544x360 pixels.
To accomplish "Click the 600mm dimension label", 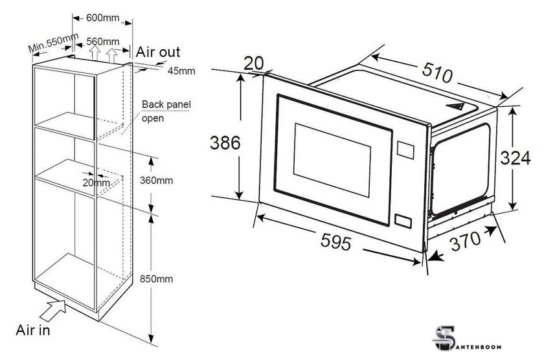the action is coord(103,17).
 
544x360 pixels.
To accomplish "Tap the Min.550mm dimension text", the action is coord(53,43).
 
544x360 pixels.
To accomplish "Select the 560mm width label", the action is coord(103,41).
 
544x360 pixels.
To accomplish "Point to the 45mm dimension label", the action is coord(181,71).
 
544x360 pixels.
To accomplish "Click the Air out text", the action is coord(158,52).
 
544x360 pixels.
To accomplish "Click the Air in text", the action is coord(33,330).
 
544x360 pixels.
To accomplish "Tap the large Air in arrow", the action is coord(53,309).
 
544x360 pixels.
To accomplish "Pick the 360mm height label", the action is coord(156,181).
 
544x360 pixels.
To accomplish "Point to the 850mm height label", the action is coord(156,279).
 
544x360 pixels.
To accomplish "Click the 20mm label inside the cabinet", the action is coord(96,183).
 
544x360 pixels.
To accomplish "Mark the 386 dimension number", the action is coord(225,143).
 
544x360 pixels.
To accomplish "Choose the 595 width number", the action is coord(335,241).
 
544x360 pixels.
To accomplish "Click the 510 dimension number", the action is coord(438,73).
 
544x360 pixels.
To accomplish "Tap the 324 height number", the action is coord(516,158).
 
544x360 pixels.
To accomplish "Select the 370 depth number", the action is coord(466,240).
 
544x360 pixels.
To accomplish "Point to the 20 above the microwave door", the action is coord(254,63).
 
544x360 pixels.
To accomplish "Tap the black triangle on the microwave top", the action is coord(455,106).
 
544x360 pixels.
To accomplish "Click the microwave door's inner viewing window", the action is coord(332,159).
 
